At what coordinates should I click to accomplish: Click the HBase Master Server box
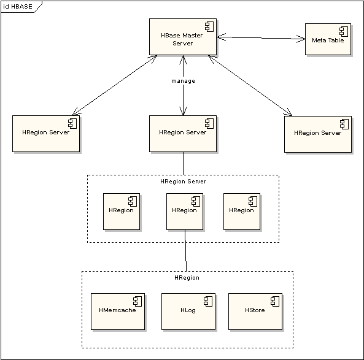[x=183, y=37]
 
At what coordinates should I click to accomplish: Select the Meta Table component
[x=328, y=39]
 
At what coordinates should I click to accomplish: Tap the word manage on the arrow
[x=183, y=81]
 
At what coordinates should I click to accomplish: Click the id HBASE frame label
[x=18, y=7]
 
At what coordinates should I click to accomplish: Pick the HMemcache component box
[x=118, y=312]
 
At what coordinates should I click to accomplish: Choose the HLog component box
[x=188, y=312]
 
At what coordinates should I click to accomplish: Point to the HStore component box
[x=255, y=312]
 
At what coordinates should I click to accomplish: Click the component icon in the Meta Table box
[x=344, y=31]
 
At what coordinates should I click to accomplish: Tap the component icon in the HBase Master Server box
[x=209, y=26]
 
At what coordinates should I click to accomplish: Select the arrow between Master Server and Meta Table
[x=261, y=38]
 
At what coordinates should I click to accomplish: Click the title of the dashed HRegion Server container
[x=183, y=182]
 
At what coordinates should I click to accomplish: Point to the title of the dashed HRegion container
[x=187, y=278]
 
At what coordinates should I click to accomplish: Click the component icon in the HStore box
[x=275, y=301]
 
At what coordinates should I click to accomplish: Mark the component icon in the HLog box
[x=208, y=301]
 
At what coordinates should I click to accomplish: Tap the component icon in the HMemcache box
[x=137, y=301]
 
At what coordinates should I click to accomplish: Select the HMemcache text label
[x=117, y=310]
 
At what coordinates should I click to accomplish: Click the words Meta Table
[x=328, y=40]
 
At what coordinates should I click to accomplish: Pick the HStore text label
[x=255, y=310]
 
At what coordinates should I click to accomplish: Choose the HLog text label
[x=188, y=310]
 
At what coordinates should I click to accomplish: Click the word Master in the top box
[x=192, y=35]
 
